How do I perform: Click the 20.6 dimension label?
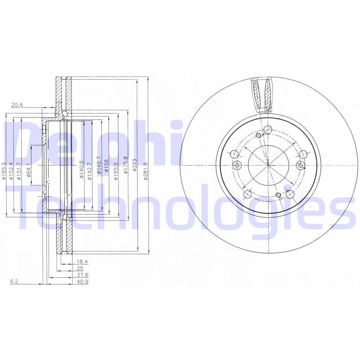pos(17,105)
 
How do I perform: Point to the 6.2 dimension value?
pos(14,282)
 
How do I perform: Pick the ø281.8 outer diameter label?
pos(145,171)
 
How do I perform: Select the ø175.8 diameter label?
pos(126,166)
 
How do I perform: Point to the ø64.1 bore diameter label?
pos(28,170)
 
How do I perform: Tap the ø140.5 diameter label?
pos(81,170)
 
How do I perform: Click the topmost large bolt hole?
pos(268,130)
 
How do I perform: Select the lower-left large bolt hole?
pos(247,194)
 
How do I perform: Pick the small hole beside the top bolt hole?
pos(258,135)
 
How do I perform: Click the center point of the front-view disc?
pos(268,165)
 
